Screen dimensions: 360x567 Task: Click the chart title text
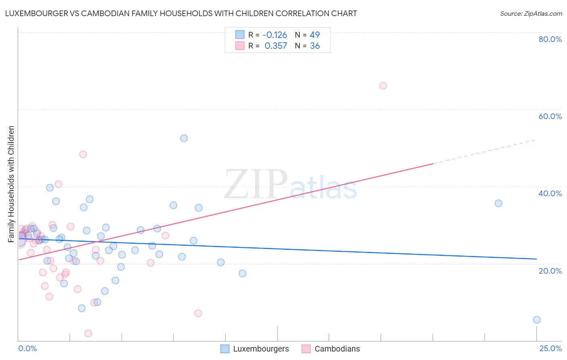(181, 13)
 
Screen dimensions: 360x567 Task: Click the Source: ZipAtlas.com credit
(531, 13)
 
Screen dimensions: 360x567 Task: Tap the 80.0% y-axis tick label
(550, 39)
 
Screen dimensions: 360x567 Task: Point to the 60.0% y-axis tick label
(550, 116)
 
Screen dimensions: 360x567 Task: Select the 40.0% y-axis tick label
(550, 193)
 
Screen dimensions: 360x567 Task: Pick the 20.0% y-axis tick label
(550, 270)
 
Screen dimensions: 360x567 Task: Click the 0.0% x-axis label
(27, 348)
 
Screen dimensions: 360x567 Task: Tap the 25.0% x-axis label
(550, 348)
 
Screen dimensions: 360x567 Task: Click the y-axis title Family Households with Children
(11, 184)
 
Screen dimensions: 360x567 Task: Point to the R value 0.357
(276, 46)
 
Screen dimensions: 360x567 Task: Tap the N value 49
(315, 35)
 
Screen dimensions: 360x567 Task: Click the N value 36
(315, 46)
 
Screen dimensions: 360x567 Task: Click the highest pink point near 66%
(383, 86)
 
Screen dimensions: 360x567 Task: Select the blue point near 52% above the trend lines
(184, 138)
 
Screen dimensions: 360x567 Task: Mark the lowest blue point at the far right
(537, 320)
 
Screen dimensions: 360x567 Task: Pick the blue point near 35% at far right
(498, 203)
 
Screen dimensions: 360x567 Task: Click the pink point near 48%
(83, 154)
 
